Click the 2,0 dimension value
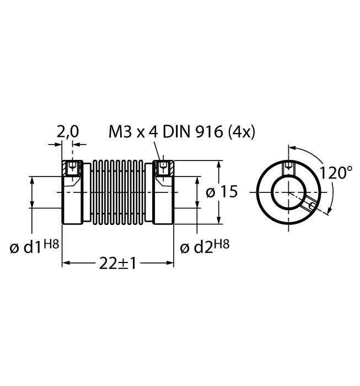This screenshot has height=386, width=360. pyautogui.click(x=68, y=131)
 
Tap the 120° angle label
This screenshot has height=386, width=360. pyautogui.click(x=336, y=173)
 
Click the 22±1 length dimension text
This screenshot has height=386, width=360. pyautogui.click(x=117, y=263)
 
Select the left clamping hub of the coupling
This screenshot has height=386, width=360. pyautogui.click(x=72, y=193)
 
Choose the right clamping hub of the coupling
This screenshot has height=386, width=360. pyautogui.click(x=163, y=193)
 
